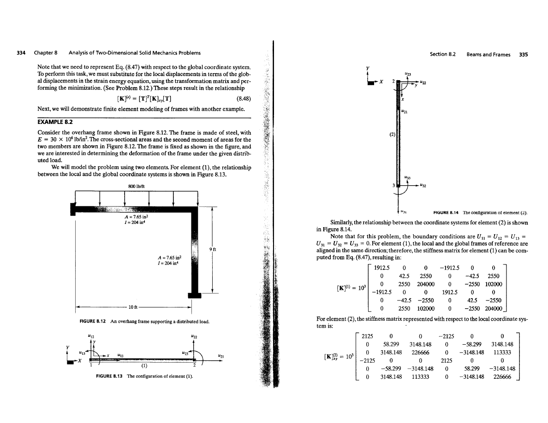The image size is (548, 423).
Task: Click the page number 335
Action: pyautogui.click(x=524, y=54)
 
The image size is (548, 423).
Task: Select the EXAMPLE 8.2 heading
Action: pyautogui.click(x=55, y=122)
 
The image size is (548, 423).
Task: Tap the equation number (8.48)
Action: pyautogui.click(x=243, y=99)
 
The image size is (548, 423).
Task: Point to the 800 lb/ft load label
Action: pyautogui.click(x=136, y=186)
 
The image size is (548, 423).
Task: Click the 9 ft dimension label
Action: pyautogui.click(x=213, y=249)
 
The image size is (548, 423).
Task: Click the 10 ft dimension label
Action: pyautogui.click(x=133, y=307)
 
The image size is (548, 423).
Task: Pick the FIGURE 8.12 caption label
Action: pyautogui.click(x=93, y=322)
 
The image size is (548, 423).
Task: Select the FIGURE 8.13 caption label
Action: pyautogui.click(x=109, y=376)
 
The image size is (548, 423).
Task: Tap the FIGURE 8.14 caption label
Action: pyautogui.click(x=446, y=212)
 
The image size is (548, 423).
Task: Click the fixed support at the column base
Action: pyautogui.click(x=195, y=295)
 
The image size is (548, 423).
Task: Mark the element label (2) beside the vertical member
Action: pyautogui.click(x=392, y=134)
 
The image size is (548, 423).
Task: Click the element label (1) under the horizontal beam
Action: pyautogui.click(x=144, y=366)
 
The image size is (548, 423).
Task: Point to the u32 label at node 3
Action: pyautogui.click(x=423, y=185)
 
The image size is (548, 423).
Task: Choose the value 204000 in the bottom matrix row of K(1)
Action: pyautogui.click(x=494, y=309)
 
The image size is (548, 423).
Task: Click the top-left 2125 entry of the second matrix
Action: pyautogui.click(x=367, y=336)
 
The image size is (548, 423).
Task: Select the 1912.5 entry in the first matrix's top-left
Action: pyautogui.click(x=381, y=268)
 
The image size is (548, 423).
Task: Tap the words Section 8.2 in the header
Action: pyautogui.click(x=443, y=54)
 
